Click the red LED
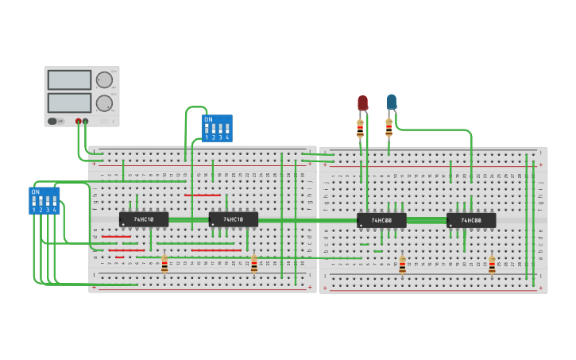tap(362, 103)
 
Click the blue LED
tap(391, 101)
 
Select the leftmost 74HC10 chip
tap(143, 219)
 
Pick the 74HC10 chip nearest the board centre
tap(233, 219)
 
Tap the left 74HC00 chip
tap(381, 220)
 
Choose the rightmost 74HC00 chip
tap(471, 220)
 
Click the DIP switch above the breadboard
tap(217, 128)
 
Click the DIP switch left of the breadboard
tap(44, 200)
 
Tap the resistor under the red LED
tap(360, 128)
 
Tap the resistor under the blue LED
tap(389, 128)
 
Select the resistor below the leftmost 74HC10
tap(164, 264)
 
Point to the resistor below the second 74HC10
tap(254, 264)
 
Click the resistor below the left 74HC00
tap(402, 265)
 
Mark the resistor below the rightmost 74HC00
tap(492, 265)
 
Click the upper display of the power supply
tap(69, 80)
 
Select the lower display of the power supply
tap(69, 103)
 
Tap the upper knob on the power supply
tap(104, 80)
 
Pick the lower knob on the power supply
tap(104, 103)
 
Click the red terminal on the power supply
tap(78, 122)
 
